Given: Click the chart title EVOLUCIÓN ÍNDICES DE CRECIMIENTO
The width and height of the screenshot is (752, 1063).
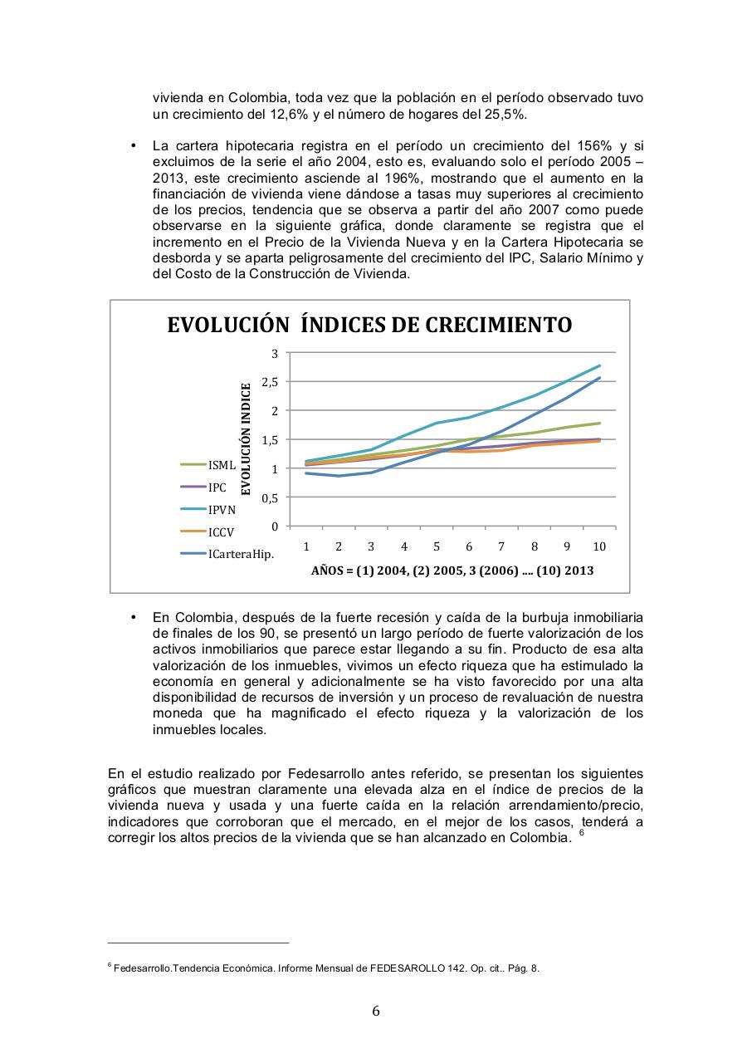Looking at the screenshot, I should click(369, 324).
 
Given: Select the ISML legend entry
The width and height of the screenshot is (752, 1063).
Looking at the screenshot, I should click(222, 465).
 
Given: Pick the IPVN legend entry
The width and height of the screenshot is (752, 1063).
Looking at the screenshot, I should click(222, 510).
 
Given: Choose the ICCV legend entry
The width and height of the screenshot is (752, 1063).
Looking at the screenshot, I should click(221, 531).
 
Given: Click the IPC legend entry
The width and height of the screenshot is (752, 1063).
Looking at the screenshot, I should click(217, 487).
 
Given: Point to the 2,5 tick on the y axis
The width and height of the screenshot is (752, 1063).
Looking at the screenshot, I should click(270, 382).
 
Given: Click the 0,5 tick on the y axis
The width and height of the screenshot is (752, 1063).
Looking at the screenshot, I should click(270, 498).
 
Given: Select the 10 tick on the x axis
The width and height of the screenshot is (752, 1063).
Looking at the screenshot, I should click(598, 546).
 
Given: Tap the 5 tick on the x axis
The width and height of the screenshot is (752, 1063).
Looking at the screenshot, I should click(437, 546).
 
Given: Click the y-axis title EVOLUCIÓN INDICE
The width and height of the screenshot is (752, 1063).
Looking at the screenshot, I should click(246, 439).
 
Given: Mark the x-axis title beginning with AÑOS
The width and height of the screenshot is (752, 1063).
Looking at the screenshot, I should click(452, 571).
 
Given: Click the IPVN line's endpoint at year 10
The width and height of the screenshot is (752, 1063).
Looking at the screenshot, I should click(599, 365).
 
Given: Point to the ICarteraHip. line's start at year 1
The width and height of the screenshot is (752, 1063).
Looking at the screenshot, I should click(306, 473).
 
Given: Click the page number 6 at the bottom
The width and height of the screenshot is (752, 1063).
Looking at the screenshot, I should click(376, 1011).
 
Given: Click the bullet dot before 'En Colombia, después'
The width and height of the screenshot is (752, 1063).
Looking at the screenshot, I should click(133, 619).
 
